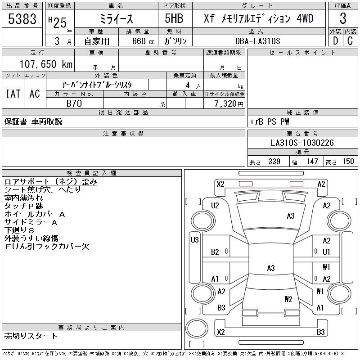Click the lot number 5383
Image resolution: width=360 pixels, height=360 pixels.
22,19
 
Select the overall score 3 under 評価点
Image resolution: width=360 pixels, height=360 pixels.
343,18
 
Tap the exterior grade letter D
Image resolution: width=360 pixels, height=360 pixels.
335,41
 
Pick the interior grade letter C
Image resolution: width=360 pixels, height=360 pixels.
350,41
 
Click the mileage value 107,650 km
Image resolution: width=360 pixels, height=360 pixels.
46,64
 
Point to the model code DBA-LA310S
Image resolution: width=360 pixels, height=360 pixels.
257,41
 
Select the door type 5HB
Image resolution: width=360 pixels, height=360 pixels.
174,18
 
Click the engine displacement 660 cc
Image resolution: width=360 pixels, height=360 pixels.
144,41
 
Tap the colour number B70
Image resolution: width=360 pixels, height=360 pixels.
74,103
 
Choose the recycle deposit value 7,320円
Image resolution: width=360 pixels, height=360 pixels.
229,104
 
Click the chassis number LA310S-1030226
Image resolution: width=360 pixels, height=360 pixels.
302,143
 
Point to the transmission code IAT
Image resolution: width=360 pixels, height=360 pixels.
13,94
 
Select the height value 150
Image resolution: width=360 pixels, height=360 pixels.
348,162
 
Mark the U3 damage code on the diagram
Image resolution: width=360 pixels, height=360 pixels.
195,240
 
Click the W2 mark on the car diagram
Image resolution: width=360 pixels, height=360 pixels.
288,299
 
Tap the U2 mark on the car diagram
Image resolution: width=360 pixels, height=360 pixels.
215,206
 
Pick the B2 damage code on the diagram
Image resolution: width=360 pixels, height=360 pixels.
215,252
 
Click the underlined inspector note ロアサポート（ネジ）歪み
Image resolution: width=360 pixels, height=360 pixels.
51,182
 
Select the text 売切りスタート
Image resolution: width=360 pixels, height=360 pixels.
31,336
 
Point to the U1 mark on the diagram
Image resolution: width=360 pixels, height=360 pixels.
326,252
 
